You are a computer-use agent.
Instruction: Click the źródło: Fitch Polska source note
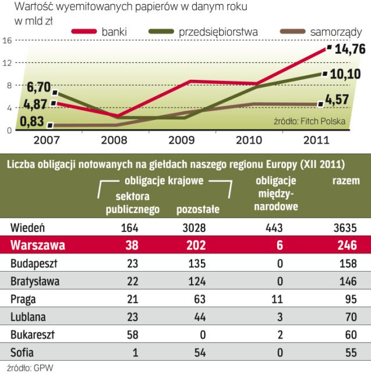[x=310, y=122]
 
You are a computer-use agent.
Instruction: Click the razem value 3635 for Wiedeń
[x=344, y=228]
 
